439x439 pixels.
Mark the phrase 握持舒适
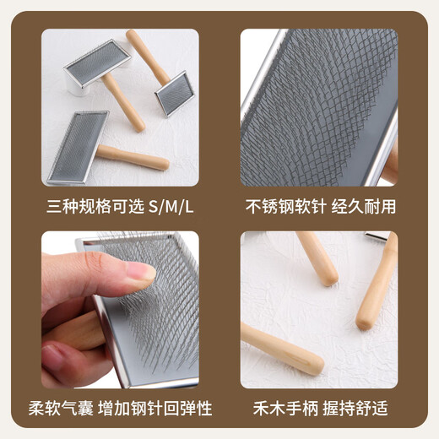click(x=367, y=409)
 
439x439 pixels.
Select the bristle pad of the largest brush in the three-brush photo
click(x=78, y=145)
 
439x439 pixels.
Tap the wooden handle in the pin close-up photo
click(x=391, y=165)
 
